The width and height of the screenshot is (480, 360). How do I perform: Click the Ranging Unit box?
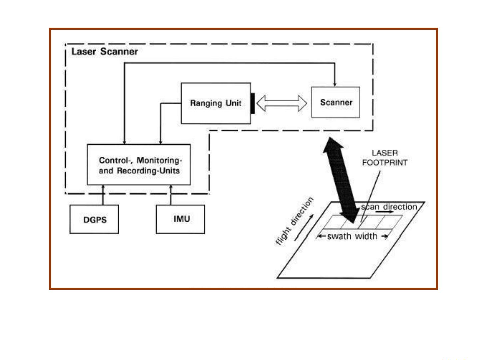pyautogui.click(x=216, y=103)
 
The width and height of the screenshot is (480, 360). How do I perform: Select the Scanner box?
pyautogui.click(x=336, y=102)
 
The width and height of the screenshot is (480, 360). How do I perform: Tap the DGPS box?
pyautogui.click(x=94, y=220)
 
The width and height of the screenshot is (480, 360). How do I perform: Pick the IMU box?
pyautogui.click(x=180, y=219)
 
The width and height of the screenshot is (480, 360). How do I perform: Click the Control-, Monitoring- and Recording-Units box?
pyautogui.click(x=139, y=165)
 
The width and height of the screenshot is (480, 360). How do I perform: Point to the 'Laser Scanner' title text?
pyautogui.click(x=105, y=52)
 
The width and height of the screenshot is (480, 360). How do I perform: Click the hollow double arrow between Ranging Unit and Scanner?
pyautogui.click(x=282, y=103)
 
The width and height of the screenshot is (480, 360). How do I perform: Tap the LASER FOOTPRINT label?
pyautogui.click(x=385, y=158)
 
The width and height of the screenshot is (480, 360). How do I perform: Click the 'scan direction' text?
pyautogui.click(x=389, y=207)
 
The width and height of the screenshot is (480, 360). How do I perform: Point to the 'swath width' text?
pyautogui.click(x=352, y=236)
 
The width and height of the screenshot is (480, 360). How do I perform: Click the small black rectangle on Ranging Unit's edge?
pyautogui.click(x=253, y=103)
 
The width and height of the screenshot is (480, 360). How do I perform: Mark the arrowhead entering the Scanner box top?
pyautogui.click(x=335, y=84)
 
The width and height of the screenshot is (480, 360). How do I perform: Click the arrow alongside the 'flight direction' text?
pyautogui.click(x=303, y=228)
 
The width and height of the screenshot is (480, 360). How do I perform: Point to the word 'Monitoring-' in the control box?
pyautogui.click(x=159, y=160)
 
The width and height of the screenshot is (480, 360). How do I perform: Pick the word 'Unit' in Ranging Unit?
pyautogui.click(x=234, y=103)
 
